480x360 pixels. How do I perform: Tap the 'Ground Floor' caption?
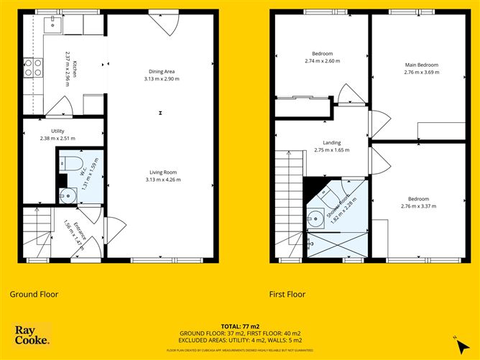click(x=34, y=294)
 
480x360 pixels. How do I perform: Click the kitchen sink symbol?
click(x=52, y=25)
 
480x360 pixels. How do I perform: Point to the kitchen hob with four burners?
click(x=33, y=68)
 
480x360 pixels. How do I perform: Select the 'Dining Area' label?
click(x=162, y=71)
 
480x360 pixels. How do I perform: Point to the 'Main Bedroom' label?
click(x=420, y=65)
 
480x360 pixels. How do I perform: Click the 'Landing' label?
click(x=331, y=142)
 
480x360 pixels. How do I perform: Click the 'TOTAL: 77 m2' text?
click(x=240, y=326)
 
